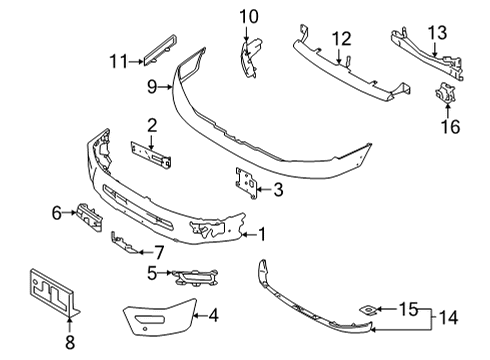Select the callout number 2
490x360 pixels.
click(x=152, y=125)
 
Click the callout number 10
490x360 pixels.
click(x=248, y=15)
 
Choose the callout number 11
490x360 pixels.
click(x=117, y=62)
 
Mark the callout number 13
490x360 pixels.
click(x=438, y=33)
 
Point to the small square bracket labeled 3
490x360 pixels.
click(x=243, y=182)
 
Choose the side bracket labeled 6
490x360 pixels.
click(x=88, y=218)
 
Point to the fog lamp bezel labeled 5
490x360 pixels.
click(x=195, y=277)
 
